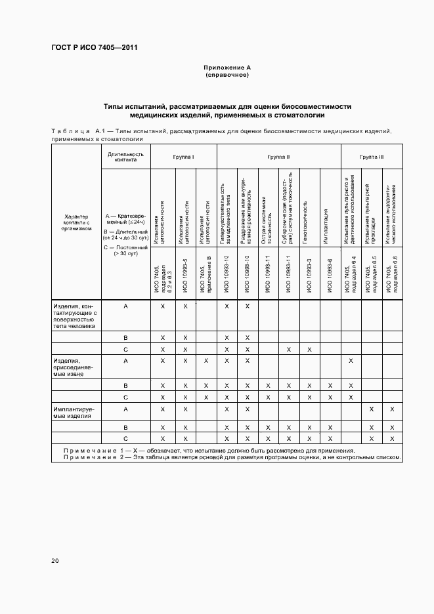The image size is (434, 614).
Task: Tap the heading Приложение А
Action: pos(227,68)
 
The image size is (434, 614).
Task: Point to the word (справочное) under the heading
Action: pos(227,75)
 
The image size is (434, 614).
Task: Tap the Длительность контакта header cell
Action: pos(125,156)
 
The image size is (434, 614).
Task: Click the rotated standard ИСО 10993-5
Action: pos(186,274)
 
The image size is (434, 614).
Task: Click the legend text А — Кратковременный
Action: pos(125,218)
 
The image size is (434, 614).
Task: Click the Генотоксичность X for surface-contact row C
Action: pos(309,349)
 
